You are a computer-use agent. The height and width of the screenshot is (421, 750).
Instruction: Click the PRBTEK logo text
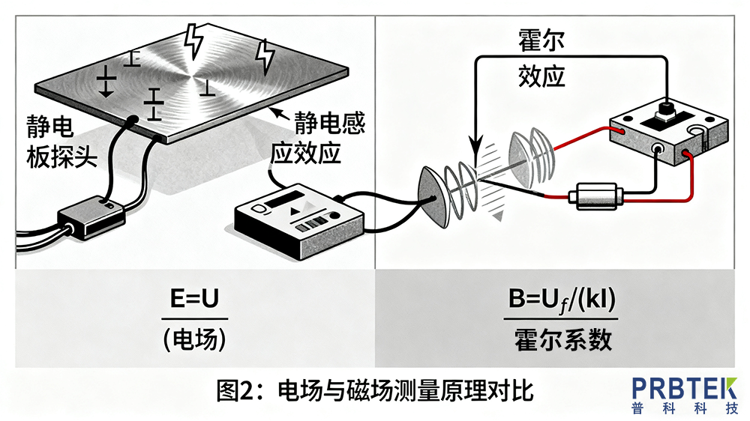click(684, 390)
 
